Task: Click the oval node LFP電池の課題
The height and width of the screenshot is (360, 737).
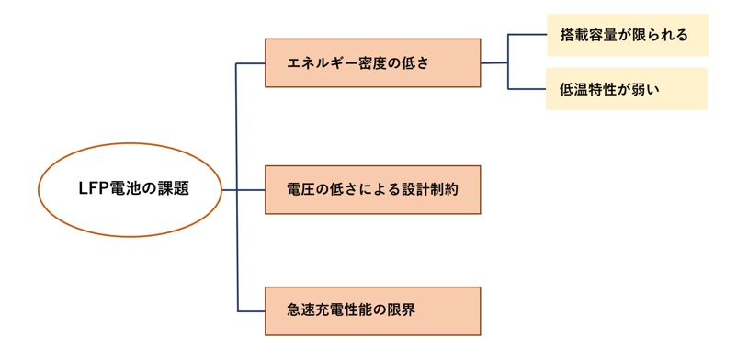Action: click(130, 189)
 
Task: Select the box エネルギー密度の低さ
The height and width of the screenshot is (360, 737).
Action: click(372, 62)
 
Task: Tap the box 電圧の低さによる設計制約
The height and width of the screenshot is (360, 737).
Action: click(372, 189)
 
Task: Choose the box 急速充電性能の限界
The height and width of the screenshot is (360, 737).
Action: click(372, 310)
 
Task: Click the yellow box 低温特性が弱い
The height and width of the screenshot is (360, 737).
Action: click(627, 89)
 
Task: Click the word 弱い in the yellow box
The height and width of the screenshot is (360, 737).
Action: click(647, 90)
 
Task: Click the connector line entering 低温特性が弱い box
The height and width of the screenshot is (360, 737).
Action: click(527, 89)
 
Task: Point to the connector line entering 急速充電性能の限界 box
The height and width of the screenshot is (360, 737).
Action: click(251, 310)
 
